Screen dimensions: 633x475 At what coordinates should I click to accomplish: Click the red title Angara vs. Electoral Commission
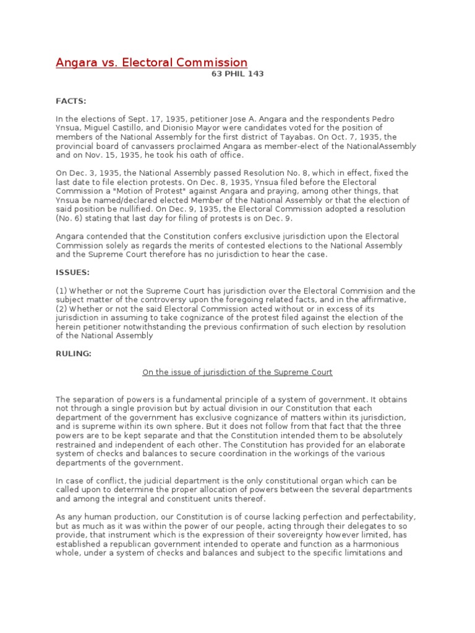(x=152, y=62)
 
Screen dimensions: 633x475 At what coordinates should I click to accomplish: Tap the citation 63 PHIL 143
(x=237, y=74)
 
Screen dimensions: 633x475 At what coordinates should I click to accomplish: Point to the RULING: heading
(x=74, y=354)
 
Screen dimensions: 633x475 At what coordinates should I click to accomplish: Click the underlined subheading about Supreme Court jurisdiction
(x=237, y=372)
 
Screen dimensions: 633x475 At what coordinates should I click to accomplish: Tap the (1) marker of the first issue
(x=61, y=291)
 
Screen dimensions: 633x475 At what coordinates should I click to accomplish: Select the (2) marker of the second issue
(x=61, y=308)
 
